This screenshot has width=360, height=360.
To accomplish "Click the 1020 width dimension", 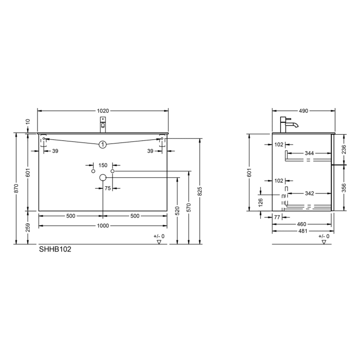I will tap(103, 111).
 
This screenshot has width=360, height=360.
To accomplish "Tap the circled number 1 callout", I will tap(103, 145).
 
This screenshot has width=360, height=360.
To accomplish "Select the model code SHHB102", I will tap(55, 250).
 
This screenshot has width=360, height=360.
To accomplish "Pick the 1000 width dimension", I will tap(103, 226).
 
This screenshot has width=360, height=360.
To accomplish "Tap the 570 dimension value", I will tap(189, 208).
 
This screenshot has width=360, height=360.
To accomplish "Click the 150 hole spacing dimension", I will tap(103, 165).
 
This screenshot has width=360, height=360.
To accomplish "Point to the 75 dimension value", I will tap(107, 189).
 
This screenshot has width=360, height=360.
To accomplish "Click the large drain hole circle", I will tap(103, 177).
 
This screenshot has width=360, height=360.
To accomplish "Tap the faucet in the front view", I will tap(103, 124).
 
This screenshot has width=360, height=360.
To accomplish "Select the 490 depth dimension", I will tap(303, 111).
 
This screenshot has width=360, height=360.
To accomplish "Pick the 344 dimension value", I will tap(309, 153).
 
